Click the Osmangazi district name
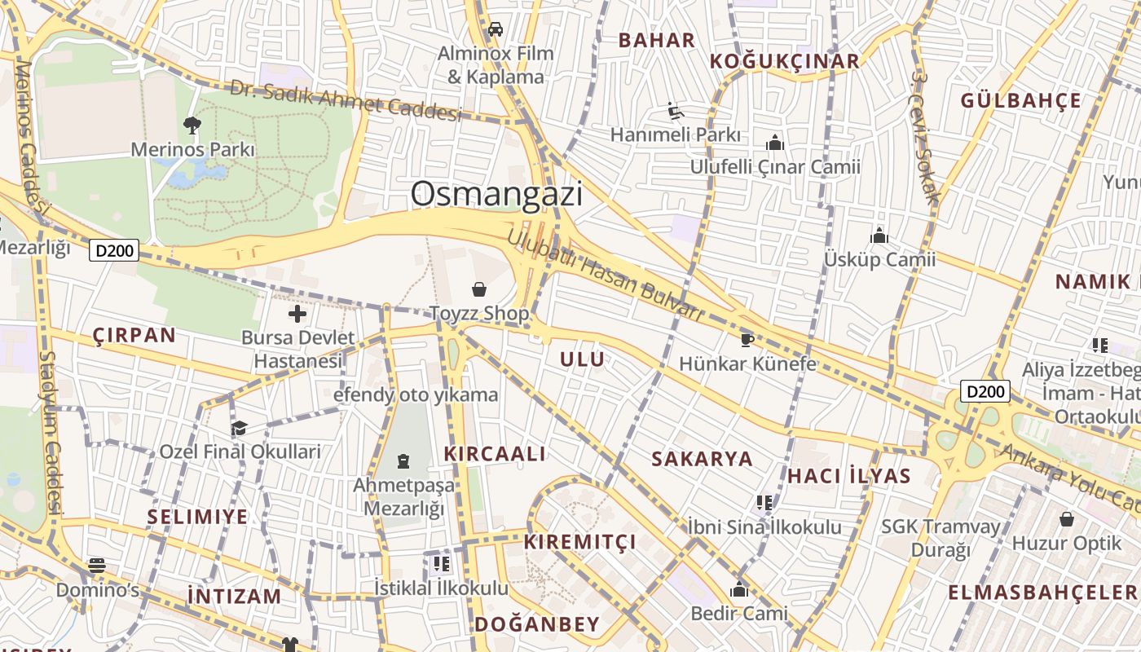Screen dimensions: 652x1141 click(x=496, y=194)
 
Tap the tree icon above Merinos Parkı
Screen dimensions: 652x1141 click(x=192, y=126)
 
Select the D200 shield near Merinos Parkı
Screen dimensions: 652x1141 click(x=114, y=250)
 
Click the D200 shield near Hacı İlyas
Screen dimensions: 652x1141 click(x=985, y=391)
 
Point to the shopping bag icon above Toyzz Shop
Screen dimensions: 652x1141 click(x=479, y=289)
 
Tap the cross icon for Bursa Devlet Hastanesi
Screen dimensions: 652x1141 click(x=297, y=314)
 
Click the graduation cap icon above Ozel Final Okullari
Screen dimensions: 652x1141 click(x=239, y=428)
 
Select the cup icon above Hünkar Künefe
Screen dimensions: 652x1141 click(x=747, y=339)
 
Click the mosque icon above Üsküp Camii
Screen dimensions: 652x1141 click(x=879, y=236)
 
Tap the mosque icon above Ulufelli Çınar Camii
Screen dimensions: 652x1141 click(x=774, y=143)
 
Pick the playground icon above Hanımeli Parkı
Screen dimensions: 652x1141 click(x=675, y=110)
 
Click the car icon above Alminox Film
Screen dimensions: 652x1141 click(x=495, y=29)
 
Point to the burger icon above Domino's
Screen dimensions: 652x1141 click(x=97, y=566)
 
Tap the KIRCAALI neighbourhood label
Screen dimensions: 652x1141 click(x=495, y=454)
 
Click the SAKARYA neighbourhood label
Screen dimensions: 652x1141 click(x=702, y=459)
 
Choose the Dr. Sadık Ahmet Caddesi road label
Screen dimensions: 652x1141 click(x=346, y=100)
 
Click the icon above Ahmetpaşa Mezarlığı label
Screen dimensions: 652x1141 click(x=403, y=461)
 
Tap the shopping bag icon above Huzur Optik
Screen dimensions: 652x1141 click(x=1066, y=519)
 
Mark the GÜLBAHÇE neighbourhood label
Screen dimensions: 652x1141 click(x=1020, y=101)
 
